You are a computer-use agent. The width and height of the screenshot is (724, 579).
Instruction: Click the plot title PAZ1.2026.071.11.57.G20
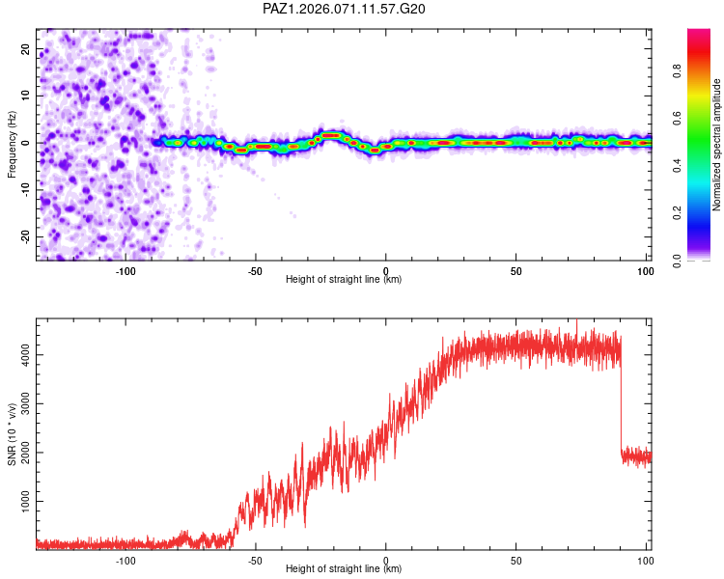tap(344, 9)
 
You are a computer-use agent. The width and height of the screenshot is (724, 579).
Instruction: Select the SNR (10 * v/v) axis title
tap(12, 435)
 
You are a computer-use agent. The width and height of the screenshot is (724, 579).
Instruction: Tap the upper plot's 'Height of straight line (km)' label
tap(344, 279)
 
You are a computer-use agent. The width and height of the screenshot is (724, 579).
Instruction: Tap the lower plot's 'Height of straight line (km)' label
tap(344, 568)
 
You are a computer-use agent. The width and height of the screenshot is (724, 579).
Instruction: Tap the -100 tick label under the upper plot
tap(125, 270)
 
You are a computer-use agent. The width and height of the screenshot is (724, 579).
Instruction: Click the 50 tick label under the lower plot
tap(516, 560)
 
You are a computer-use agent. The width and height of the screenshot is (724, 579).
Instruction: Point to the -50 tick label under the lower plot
tap(255, 560)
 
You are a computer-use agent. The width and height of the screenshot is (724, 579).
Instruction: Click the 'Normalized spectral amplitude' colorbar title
tap(717, 145)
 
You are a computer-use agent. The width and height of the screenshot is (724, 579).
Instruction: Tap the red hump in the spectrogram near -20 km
tap(331, 135)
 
